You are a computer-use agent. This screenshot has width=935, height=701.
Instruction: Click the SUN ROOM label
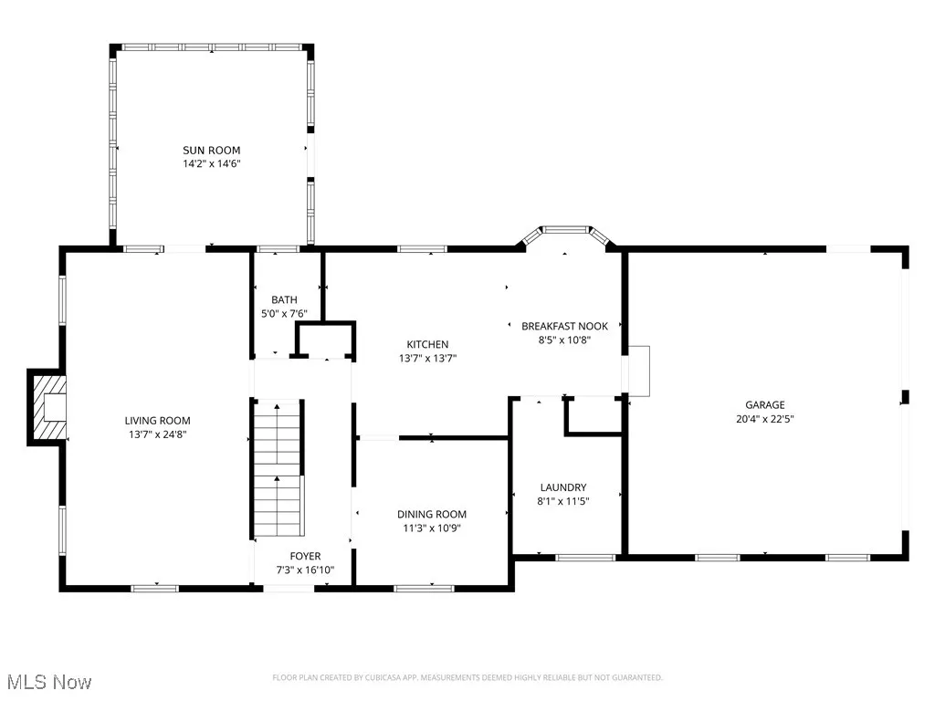(211, 151)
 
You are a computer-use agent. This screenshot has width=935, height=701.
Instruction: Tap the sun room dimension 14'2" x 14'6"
(211, 164)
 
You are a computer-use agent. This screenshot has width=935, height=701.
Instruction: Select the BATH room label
(284, 300)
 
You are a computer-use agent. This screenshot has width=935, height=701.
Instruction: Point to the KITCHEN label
(427, 344)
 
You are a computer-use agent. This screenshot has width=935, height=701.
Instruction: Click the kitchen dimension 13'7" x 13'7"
(427, 359)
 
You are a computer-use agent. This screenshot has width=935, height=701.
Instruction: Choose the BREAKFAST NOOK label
(564, 326)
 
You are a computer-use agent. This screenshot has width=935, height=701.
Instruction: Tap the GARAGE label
(764, 405)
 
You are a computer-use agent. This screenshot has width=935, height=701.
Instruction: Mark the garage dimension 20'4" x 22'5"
(764, 420)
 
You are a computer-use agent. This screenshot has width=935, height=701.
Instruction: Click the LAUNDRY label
(562, 487)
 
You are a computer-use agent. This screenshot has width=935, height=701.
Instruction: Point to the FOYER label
(305, 556)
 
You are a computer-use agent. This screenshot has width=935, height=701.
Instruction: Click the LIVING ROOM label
(158, 421)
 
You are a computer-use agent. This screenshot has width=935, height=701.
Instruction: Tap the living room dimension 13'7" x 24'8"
(158, 435)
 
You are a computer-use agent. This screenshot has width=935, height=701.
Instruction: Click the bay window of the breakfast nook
(564, 234)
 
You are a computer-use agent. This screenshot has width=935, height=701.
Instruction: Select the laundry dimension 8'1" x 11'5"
(562, 501)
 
